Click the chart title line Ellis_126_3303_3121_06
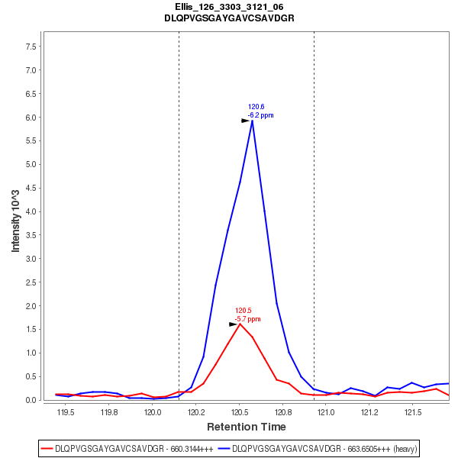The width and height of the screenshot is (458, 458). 229,7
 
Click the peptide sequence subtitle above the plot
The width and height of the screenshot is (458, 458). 229,18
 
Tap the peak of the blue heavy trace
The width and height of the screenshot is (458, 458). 252,120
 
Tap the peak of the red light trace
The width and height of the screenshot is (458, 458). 240,324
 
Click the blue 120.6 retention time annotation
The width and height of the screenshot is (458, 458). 256,107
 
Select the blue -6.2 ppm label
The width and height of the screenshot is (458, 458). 260,115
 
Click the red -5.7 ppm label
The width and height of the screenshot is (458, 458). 247,319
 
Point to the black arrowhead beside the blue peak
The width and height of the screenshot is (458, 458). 246,121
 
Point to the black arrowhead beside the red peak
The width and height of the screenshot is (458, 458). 234,324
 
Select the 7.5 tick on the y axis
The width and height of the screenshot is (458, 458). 31,47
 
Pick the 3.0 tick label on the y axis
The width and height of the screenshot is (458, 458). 31,259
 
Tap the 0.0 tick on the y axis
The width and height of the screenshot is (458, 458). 31,400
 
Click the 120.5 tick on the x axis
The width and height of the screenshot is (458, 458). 240,413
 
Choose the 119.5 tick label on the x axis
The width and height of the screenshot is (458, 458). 66,413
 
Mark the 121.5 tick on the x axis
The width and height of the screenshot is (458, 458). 413,413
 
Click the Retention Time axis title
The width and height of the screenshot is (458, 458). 247,427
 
